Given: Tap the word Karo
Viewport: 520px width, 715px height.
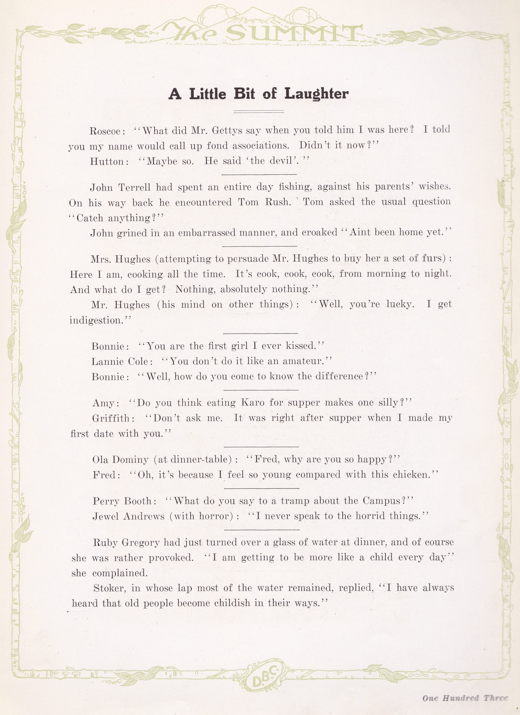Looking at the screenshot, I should coord(252,403).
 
